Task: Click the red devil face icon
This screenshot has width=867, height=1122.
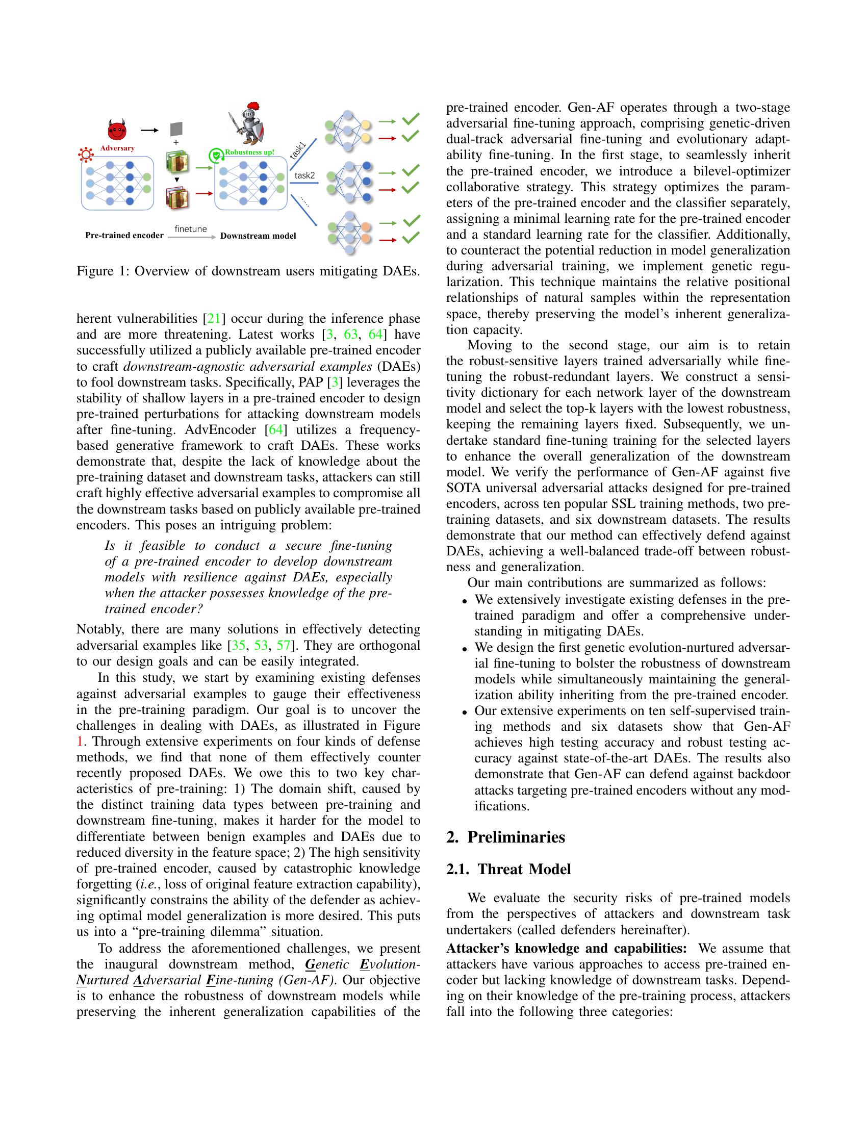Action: (x=117, y=131)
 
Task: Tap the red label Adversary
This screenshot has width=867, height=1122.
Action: (x=117, y=148)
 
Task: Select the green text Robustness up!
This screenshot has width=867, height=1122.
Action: (x=249, y=152)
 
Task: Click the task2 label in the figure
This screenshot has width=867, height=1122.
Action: (x=304, y=176)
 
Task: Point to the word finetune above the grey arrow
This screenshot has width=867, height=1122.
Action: (x=191, y=228)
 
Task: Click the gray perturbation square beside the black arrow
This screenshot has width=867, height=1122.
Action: (x=176, y=129)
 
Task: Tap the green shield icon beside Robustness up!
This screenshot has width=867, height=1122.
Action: (x=215, y=155)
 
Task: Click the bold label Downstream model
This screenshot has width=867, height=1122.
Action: (x=258, y=236)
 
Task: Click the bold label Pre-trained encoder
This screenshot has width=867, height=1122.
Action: (x=124, y=236)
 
